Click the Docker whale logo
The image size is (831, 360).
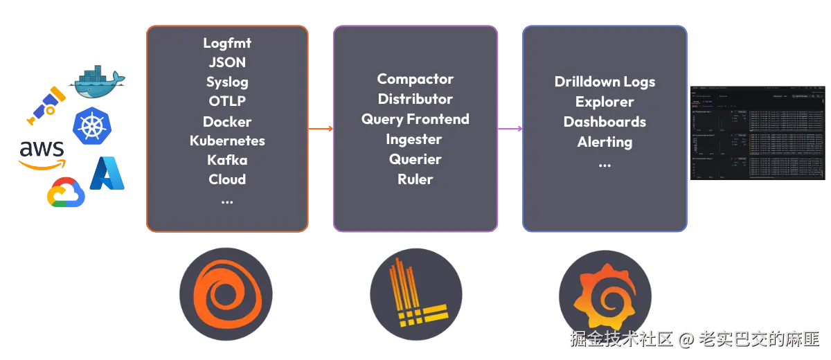[x=100, y=82]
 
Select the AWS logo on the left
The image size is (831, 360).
[x=42, y=153]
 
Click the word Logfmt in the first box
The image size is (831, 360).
[x=227, y=43]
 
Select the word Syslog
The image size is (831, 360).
[x=227, y=82]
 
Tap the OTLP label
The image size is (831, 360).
[x=227, y=101]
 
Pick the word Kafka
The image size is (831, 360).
[x=227, y=160]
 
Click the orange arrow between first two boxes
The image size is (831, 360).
[x=321, y=128]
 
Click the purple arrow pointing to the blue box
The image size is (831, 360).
[x=510, y=128]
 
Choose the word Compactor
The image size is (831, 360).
[x=415, y=79]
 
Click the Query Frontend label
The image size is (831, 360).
[x=415, y=119]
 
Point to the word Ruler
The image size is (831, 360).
[x=415, y=179]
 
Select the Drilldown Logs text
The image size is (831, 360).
[x=605, y=82]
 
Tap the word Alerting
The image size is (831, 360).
[x=605, y=142]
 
